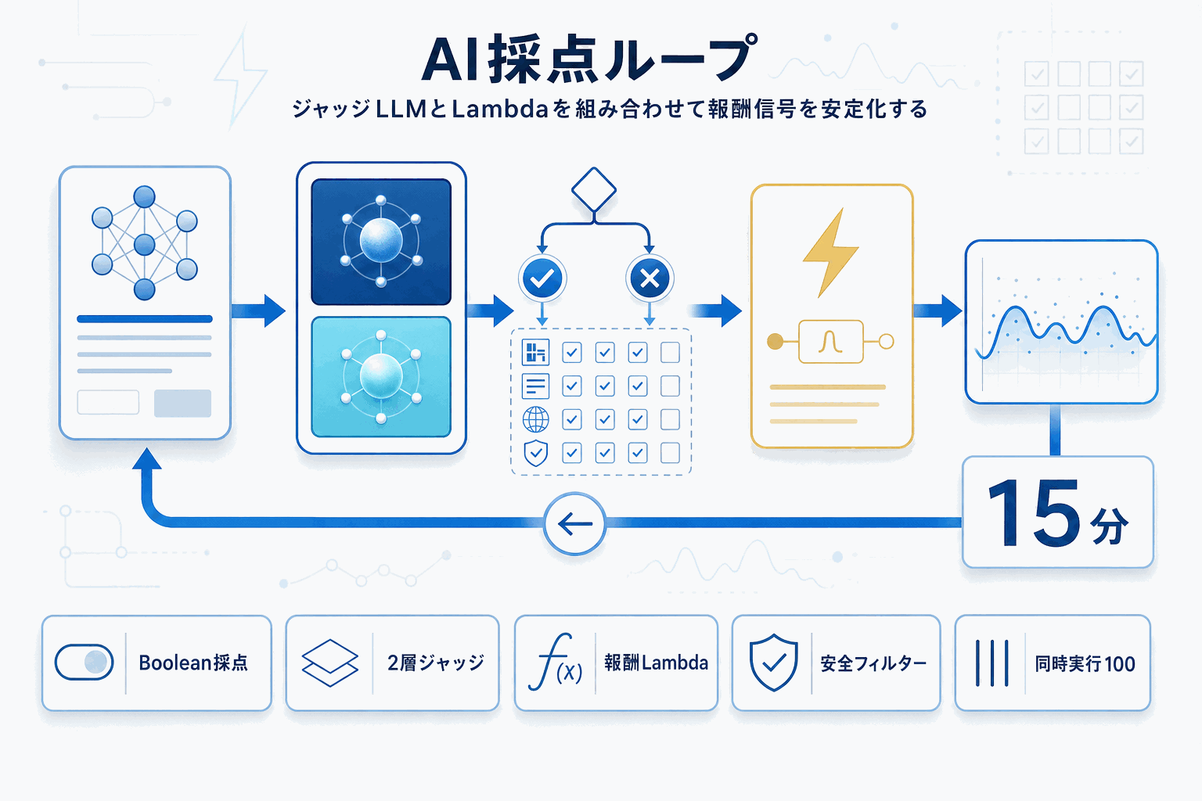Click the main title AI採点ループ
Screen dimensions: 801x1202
tap(588, 59)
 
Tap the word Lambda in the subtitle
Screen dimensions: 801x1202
tap(499, 109)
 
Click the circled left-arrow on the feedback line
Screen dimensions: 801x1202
tap(575, 524)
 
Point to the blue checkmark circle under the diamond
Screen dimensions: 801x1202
tap(542, 278)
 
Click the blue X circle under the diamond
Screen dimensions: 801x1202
tap(650, 278)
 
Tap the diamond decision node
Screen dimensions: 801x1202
tap(594, 189)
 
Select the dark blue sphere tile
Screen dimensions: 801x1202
tap(381, 242)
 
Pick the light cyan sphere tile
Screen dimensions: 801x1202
tap(381, 376)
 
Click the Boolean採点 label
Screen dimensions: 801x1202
tap(193, 663)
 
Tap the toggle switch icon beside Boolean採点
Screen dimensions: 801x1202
tap(85, 663)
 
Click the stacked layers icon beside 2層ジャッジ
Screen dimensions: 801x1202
tap(329, 663)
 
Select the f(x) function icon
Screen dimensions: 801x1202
tap(555, 663)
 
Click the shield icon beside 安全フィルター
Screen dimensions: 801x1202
tap(773, 663)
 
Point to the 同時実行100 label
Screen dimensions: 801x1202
tap(1085, 664)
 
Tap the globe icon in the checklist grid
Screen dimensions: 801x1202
tap(535, 419)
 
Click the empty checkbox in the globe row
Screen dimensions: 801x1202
tap(670, 419)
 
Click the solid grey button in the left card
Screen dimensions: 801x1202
tap(182, 403)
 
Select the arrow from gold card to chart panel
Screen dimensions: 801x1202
tap(937, 311)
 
